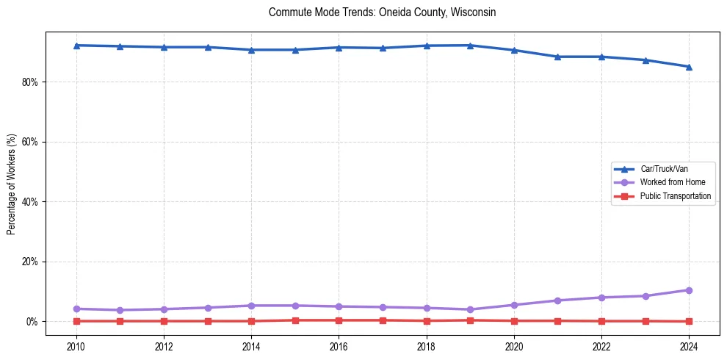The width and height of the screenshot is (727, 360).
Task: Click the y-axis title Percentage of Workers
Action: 11,184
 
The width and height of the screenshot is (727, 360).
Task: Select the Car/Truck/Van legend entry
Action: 664,169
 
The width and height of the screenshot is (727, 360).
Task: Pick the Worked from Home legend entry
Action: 669,182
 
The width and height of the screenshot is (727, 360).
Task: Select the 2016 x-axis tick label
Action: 339,345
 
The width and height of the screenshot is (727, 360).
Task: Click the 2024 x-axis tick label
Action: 689,345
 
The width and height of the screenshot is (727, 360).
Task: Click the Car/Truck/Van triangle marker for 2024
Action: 689,67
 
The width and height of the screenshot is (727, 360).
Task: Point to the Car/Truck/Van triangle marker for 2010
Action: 76,46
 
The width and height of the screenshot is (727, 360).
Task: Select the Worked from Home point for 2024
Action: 689,290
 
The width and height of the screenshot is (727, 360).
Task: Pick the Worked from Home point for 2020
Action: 514,305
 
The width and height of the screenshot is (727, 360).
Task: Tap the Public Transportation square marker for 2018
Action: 427,321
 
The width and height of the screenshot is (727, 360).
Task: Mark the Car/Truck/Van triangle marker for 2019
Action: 470,46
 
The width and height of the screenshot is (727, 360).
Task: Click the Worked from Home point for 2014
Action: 251,306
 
